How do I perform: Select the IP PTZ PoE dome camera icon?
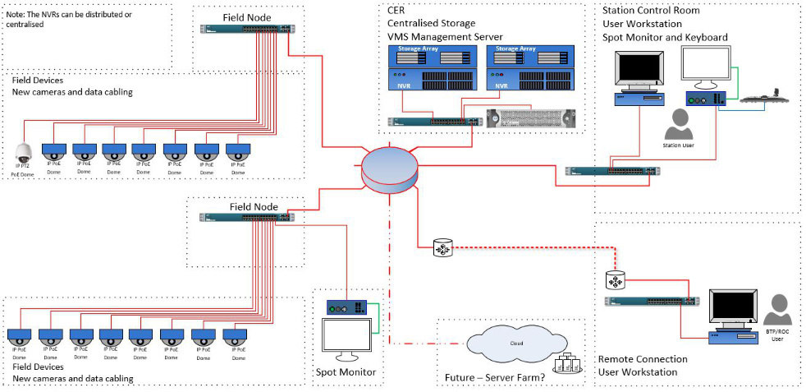coord(23,151)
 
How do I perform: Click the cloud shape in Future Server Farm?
coord(516,344)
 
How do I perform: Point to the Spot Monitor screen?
coord(345,337)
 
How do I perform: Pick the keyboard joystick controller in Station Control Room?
coord(762,98)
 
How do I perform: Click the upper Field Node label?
coord(247,17)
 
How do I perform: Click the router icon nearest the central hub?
coord(443,247)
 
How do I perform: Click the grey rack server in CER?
coord(531,119)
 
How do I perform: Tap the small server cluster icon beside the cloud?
coord(567,363)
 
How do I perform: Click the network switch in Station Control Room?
coord(612,172)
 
